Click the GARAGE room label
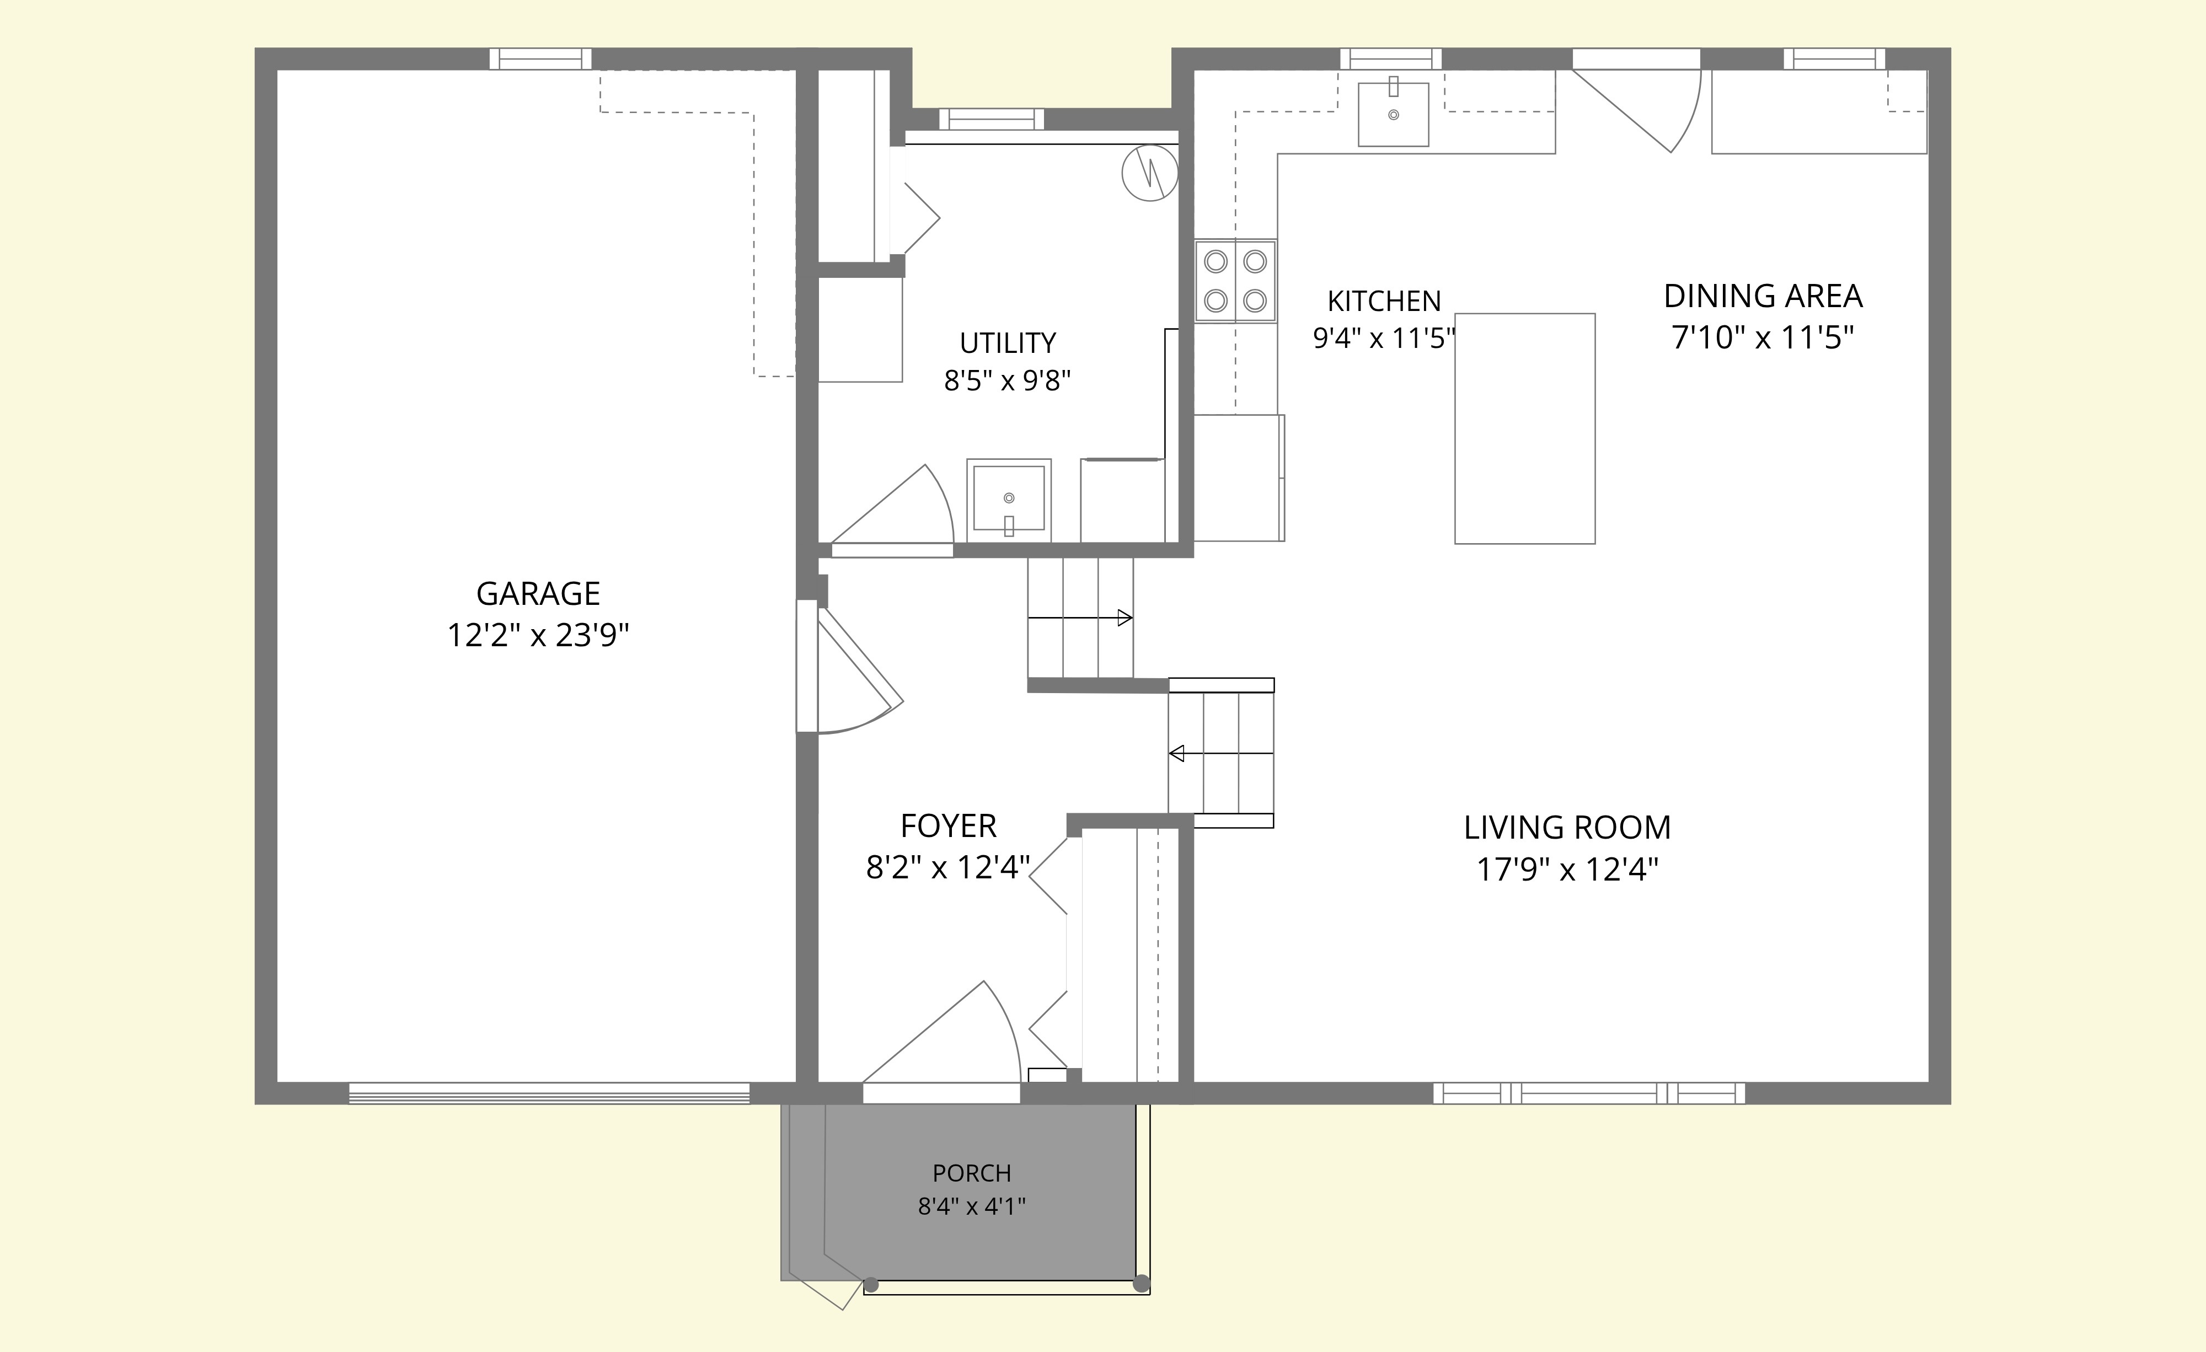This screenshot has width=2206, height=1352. (538, 594)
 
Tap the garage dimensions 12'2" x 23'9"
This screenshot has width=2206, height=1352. (538, 636)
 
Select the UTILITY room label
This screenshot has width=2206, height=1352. (1008, 343)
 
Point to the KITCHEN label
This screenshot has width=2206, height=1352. (1384, 301)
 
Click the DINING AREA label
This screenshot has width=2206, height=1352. (1763, 296)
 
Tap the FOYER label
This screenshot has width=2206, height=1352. (948, 825)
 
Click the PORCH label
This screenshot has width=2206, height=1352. (971, 1173)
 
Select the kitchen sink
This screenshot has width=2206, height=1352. (1393, 113)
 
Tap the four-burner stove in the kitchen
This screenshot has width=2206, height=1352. (1235, 280)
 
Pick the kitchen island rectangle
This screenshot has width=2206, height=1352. (1525, 428)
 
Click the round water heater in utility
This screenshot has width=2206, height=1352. (1149, 174)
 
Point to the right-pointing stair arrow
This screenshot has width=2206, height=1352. (1080, 617)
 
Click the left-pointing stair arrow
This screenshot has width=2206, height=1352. (1221, 753)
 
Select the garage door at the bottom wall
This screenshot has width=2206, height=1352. (549, 1093)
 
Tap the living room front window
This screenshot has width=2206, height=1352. (1589, 1093)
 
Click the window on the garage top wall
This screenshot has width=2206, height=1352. (541, 59)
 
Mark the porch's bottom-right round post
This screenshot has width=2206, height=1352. (1141, 1284)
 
